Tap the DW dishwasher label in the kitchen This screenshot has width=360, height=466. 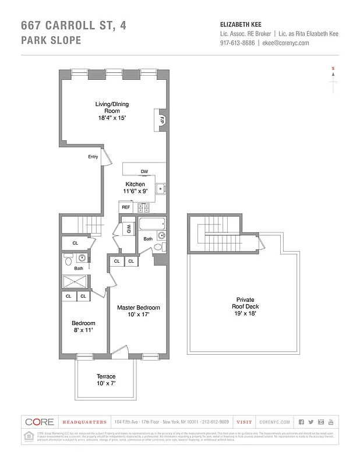click(144, 171)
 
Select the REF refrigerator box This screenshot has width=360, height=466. click(126, 207)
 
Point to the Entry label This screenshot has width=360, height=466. click(93, 157)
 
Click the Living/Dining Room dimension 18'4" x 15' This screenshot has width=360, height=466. click(112, 118)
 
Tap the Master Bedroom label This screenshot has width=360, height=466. click(138, 308)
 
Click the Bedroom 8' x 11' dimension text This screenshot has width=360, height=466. click(83, 330)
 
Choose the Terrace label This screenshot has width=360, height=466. click(106, 376)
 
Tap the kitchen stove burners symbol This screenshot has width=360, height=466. click(144, 207)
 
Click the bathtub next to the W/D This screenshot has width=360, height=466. click(151, 224)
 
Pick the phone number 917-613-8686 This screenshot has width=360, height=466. click(237, 43)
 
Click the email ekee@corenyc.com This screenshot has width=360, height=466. click(285, 43)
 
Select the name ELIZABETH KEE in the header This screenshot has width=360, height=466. click(240, 24)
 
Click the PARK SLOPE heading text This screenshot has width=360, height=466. click(51, 41)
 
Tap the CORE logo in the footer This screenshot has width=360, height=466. click(40, 422)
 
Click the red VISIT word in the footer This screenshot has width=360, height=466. click(244, 422)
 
